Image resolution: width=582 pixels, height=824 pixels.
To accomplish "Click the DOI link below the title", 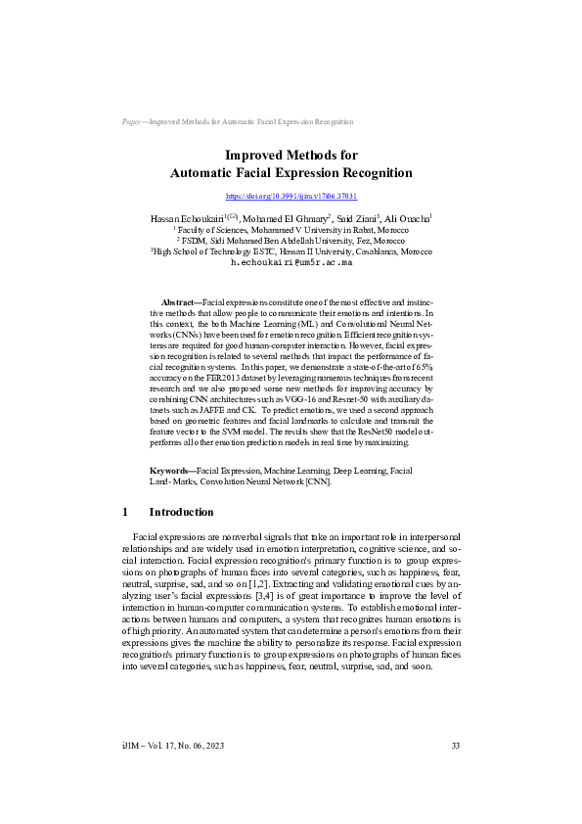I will click(291, 197).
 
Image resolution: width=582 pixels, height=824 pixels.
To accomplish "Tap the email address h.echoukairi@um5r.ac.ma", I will click(291, 262).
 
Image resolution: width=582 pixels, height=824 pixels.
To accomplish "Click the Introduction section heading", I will click(181, 512).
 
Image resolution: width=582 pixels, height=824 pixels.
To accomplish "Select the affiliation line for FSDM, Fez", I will click(291, 240).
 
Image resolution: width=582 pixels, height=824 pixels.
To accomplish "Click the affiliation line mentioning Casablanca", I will click(291, 251).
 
